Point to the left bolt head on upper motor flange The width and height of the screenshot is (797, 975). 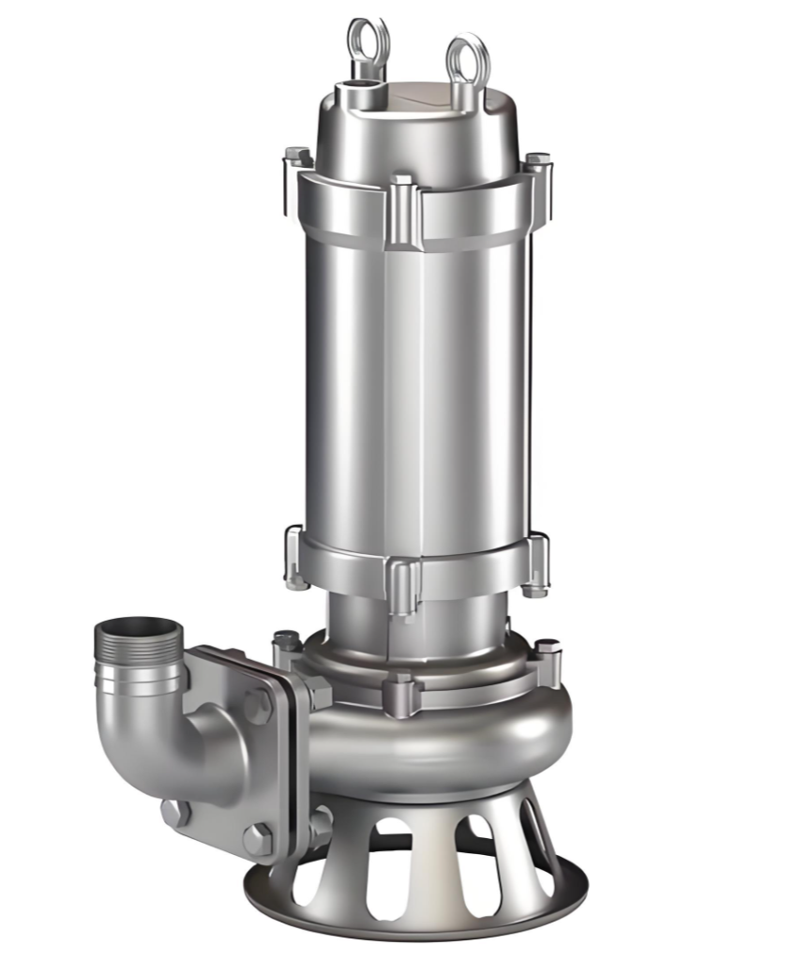click(297, 157)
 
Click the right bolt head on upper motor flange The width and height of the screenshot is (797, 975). click(537, 161)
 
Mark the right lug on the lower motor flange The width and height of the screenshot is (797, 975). click(537, 562)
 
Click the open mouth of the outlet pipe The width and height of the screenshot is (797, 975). click(139, 626)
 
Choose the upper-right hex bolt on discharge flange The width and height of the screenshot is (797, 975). click(258, 705)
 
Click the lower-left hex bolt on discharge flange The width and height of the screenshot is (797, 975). click(173, 813)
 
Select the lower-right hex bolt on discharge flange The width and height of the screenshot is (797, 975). click(258, 837)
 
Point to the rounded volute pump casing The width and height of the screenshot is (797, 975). click(441, 741)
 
